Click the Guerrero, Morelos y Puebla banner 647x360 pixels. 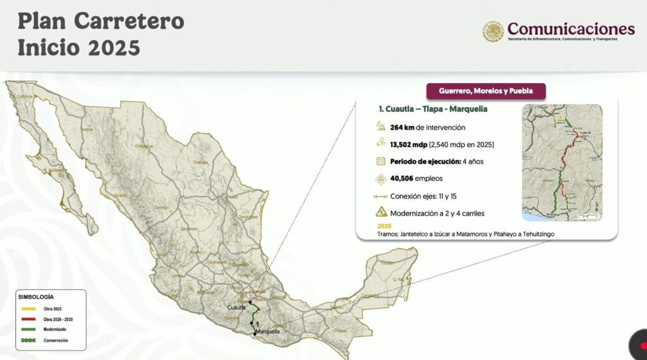pyautogui.click(x=486, y=91)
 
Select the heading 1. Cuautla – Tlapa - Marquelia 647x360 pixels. pyautogui.click(x=433, y=109)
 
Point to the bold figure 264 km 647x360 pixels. pyautogui.click(x=402, y=127)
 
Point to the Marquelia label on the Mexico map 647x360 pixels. pyautogui.click(x=267, y=331)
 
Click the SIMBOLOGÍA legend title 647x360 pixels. pyautogui.click(x=36, y=296)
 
